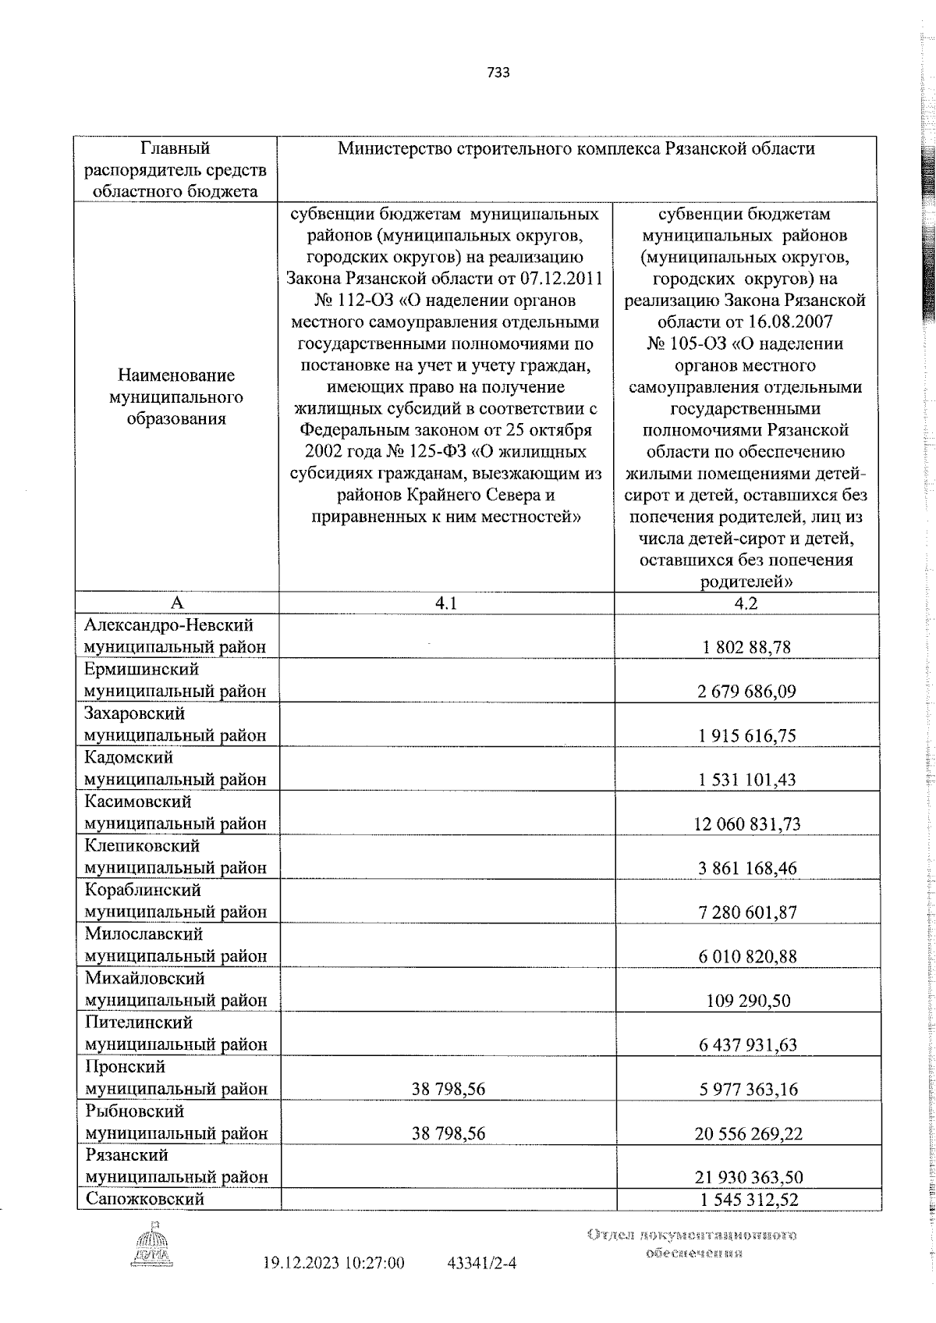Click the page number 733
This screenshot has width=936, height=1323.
coord(498,73)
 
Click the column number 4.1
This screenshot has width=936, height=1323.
coord(446,603)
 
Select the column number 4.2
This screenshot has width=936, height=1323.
coord(746,603)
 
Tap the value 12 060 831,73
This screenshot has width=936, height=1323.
coord(746,824)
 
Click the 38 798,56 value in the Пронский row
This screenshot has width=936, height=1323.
coord(448,1089)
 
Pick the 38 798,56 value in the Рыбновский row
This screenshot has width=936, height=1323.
coord(448,1133)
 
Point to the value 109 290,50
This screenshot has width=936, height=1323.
coord(747,1001)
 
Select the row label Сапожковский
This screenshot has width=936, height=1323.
coord(144,1199)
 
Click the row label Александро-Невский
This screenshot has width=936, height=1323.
coord(169,625)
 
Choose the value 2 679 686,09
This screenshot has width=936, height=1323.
coord(746,692)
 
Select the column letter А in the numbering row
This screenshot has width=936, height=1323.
coord(177,603)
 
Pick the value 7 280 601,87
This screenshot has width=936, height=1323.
coord(747,912)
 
